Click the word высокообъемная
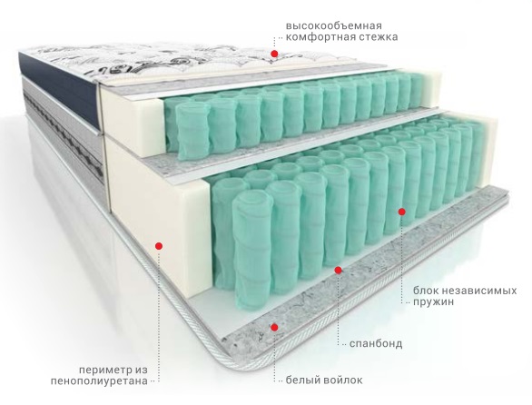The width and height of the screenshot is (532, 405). pyautogui.click(x=334, y=25)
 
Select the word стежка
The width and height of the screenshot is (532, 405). pyautogui.click(x=374, y=36)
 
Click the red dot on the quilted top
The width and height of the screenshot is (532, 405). pyautogui.click(x=274, y=54)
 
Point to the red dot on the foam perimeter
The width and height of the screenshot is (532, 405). pyautogui.click(x=159, y=246)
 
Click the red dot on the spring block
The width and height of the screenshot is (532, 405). pyautogui.click(x=401, y=212)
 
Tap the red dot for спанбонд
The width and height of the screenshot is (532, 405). pyautogui.click(x=338, y=270)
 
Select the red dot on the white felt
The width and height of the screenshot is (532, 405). pyautogui.click(x=274, y=327)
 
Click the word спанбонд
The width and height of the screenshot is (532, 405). pyautogui.click(x=376, y=344)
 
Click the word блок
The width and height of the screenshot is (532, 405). pyautogui.click(x=426, y=291)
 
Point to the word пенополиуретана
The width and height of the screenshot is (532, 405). pyautogui.click(x=100, y=381)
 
